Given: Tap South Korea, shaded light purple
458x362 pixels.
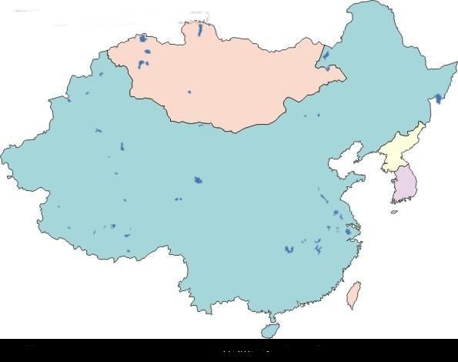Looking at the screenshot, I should click(405, 185).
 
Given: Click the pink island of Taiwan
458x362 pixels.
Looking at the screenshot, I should click(354, 294).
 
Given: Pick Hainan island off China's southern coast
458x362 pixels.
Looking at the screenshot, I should click(269, 329).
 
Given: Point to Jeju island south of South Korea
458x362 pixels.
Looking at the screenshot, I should click(394, 212).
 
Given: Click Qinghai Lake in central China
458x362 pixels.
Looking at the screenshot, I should click(198, 180).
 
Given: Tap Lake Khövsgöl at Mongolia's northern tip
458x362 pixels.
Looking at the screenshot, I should click(200, 31).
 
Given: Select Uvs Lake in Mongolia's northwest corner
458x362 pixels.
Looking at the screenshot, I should click(143, 38).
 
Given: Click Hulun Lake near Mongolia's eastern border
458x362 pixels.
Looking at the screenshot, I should click(326, 56).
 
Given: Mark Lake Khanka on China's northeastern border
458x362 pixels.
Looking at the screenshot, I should click(438, 99).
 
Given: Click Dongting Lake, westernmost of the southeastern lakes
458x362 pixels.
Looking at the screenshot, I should click(289, 250).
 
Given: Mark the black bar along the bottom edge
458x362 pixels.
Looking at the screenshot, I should click(229, 350).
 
